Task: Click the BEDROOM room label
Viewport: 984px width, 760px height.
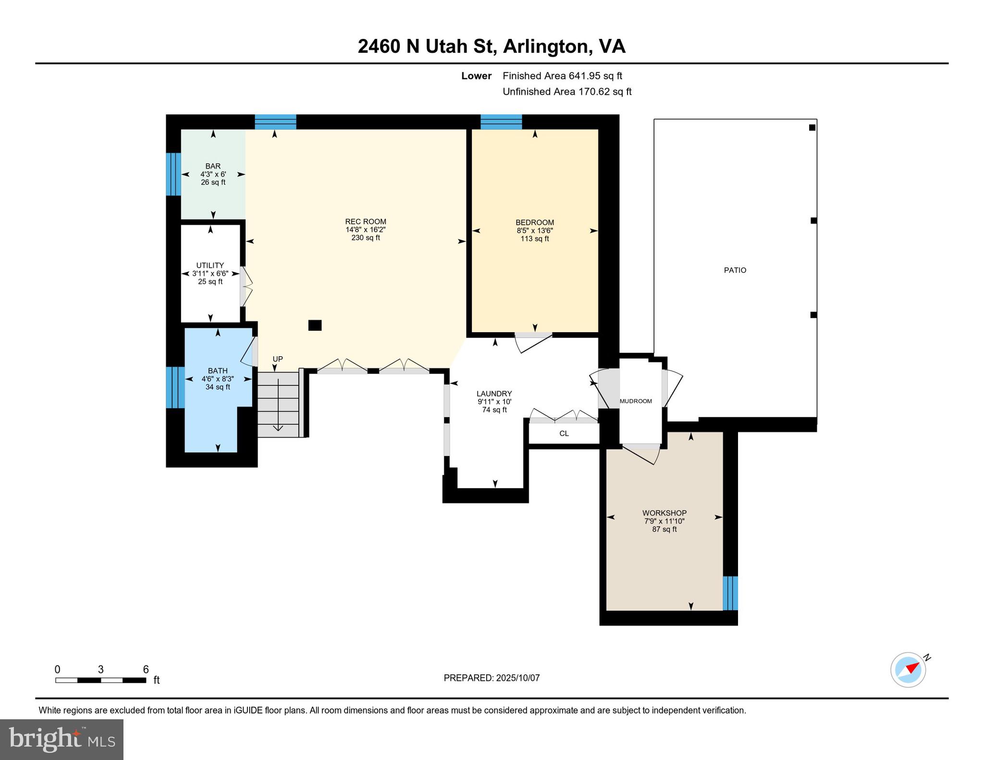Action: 534,222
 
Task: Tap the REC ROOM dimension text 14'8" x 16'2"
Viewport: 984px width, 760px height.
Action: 365,229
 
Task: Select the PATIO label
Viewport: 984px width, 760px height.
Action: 735,270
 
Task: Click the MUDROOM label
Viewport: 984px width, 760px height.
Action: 636,401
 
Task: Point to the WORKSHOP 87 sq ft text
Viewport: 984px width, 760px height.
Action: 664,529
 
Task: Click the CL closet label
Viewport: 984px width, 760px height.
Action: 564,434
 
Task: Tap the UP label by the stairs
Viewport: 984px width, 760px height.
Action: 278,359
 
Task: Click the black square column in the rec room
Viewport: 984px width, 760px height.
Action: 315,326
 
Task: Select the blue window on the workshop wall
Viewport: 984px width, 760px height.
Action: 730,593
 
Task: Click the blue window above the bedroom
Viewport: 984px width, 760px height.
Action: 501,122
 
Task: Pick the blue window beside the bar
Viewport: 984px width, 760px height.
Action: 173,174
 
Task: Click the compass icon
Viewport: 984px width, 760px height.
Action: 908,670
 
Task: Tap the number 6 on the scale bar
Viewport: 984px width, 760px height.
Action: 146,669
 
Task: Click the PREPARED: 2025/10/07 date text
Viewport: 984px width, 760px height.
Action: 492,678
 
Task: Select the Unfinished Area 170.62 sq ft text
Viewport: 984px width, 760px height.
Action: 566,92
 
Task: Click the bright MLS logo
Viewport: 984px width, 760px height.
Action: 61,739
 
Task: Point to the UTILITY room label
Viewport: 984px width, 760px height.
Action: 210,265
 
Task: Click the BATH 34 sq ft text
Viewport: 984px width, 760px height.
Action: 218,387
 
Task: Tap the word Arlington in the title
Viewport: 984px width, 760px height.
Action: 546,47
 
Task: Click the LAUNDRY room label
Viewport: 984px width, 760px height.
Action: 494,394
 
